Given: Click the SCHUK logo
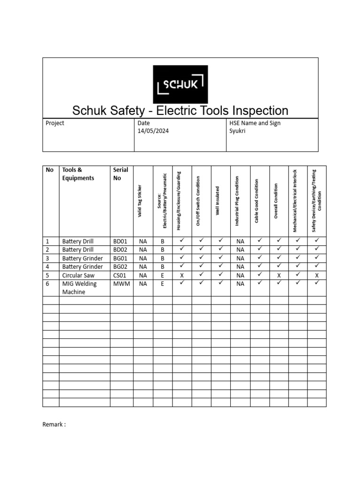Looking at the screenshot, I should point(180,85).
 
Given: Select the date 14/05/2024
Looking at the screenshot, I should point(153,131).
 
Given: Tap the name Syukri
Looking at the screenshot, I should point(237,131).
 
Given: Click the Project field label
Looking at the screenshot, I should point(55,123).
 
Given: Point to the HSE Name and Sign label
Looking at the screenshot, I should point(255,123).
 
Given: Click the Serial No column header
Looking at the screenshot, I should point(120,174).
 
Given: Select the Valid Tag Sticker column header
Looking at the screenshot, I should point(139,201).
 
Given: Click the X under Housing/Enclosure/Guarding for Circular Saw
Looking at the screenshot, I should point(182,275).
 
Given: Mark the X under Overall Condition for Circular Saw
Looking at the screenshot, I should point(279,275).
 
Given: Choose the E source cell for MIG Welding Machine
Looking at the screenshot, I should point(163,284).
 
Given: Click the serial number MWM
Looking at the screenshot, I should point(121,283).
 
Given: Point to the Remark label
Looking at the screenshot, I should point(54,424).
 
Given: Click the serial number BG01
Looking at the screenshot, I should point(120,258).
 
